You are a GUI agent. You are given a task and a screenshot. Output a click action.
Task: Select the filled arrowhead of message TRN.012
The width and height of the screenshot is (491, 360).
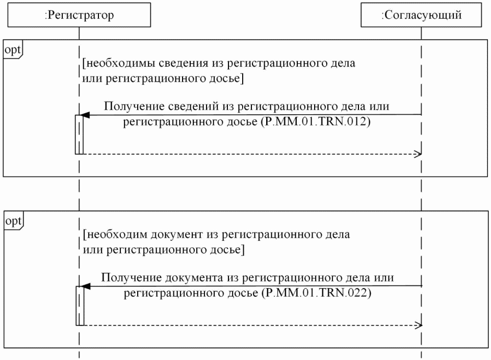pos(86,115)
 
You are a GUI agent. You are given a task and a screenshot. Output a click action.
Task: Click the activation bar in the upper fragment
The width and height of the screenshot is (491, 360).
pos(79,134)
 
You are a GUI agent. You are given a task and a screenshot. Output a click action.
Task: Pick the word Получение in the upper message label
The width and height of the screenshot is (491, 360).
pos(128,107)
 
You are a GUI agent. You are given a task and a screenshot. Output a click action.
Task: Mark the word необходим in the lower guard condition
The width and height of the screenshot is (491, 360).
pos(112,236)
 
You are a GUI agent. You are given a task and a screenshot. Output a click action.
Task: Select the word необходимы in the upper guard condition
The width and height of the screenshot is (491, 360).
pos(114,65)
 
